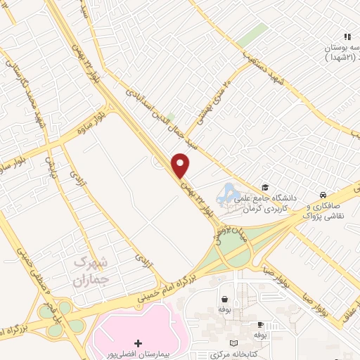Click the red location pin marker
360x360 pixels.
point(181,165)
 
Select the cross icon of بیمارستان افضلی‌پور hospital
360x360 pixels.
point(138,344)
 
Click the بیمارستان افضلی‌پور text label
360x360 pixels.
point(138,355)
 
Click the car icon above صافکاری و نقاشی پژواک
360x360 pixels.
point(322,195)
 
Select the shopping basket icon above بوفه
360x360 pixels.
point(224,298)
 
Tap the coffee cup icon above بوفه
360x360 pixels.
point(261,325)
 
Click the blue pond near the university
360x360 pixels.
point(229,192)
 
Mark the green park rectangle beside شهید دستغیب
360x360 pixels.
point(251,35)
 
